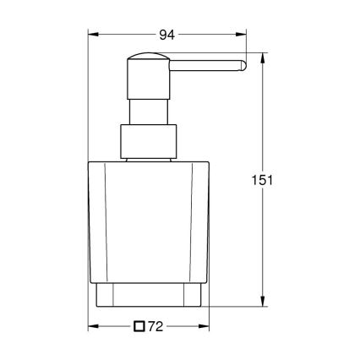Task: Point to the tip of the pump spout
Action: click(243, 63)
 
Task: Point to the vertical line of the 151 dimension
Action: click(265, 127)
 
